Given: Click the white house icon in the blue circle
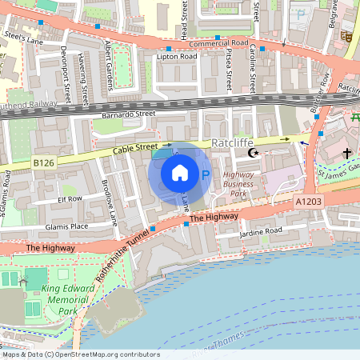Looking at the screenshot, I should (x=180, y=173).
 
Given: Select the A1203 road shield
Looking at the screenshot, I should (x=308, y=202).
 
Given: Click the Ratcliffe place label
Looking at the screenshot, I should (x=233, y=143).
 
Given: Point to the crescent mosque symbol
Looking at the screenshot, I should (x=254, y=153).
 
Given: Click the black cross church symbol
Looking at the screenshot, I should (x=346, y=152).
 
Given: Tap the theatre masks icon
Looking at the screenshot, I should (x=346, y=36).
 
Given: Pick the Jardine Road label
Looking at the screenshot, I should (x=261, y=233).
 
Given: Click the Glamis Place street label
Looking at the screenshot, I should (x=67, y=226).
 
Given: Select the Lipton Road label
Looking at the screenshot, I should (x=176, y=58).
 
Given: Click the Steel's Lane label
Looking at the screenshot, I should (x=22, y=38).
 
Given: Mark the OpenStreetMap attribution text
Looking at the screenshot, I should (x=80, y=354).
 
